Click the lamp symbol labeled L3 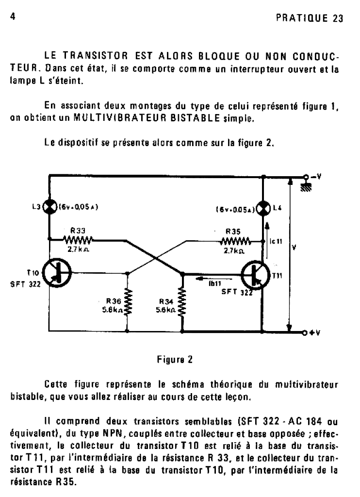coord(49,207)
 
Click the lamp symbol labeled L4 coord(262,208)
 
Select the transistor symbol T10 coord(56,273)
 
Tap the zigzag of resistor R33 coord(78,240)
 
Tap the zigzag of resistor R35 coord(235,242)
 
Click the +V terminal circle coord(305,332)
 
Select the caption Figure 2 coord(175,360)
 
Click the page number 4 coord(13,16)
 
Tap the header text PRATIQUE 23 coord(310,18)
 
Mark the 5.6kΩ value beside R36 coord(112,310)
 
